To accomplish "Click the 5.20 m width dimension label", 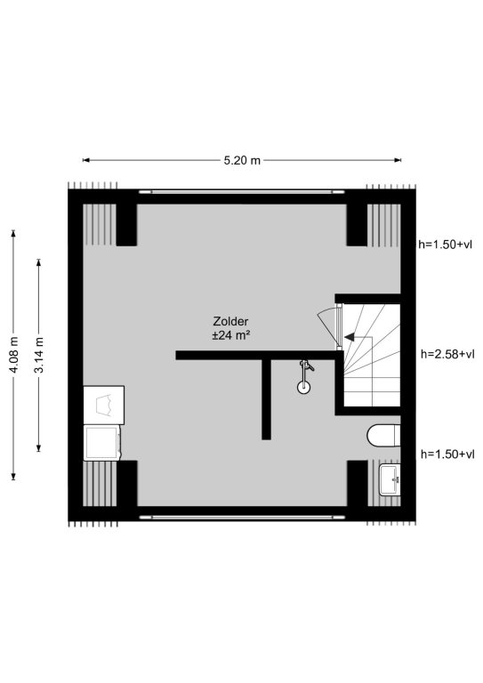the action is tap(242, 160).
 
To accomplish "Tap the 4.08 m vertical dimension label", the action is tap(14, 355).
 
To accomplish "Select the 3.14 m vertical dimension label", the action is tap(39, 355).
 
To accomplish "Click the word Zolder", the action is tap(230, 321).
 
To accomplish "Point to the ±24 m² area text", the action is tap(231, 335).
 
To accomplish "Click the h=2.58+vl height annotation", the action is tap(447, 354).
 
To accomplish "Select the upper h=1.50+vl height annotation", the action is tap(445, 245).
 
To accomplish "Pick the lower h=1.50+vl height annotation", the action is tap(447, 454).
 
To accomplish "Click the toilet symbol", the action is tap(383, 436).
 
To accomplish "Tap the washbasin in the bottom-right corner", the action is tap(390, 479).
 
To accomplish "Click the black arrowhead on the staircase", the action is tap(350, 337).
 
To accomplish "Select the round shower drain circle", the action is tap(303, 386).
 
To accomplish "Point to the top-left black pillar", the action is tap(126, 225).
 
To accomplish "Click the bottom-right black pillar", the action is tap(357, 483).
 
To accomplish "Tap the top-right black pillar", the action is tap(357, 225).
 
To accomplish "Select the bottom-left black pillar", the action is tap(126, 483).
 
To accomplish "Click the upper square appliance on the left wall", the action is tap(104, 406).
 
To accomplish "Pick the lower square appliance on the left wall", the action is tap(102, 443).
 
